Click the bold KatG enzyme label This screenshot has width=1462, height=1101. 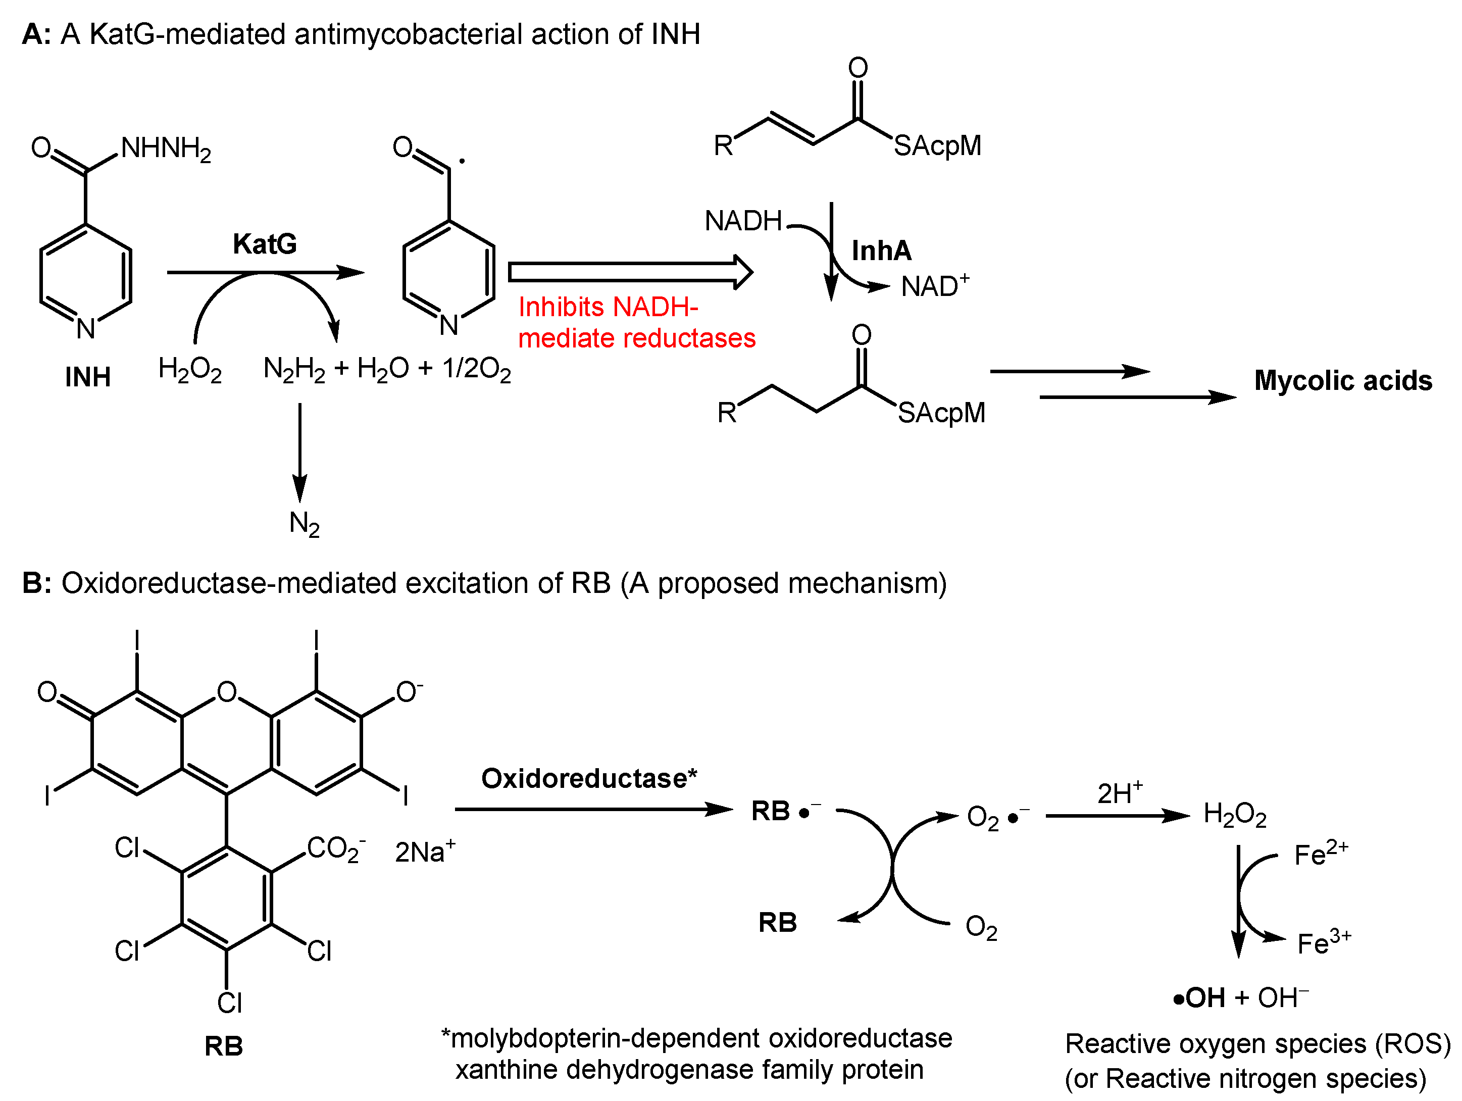[x=265, y=244]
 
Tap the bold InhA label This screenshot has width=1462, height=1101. [x=881, y=251]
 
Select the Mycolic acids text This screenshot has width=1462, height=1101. [x=1343, y=381]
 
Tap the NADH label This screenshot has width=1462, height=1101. [x=743, y=221]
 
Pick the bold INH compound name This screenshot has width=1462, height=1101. [x=87, y=377]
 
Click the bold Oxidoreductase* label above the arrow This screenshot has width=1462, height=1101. [x=589, y=778]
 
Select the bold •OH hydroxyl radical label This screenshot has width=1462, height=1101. [x=1199, y=998]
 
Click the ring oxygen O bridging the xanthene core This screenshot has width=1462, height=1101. [x=227, y=692]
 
